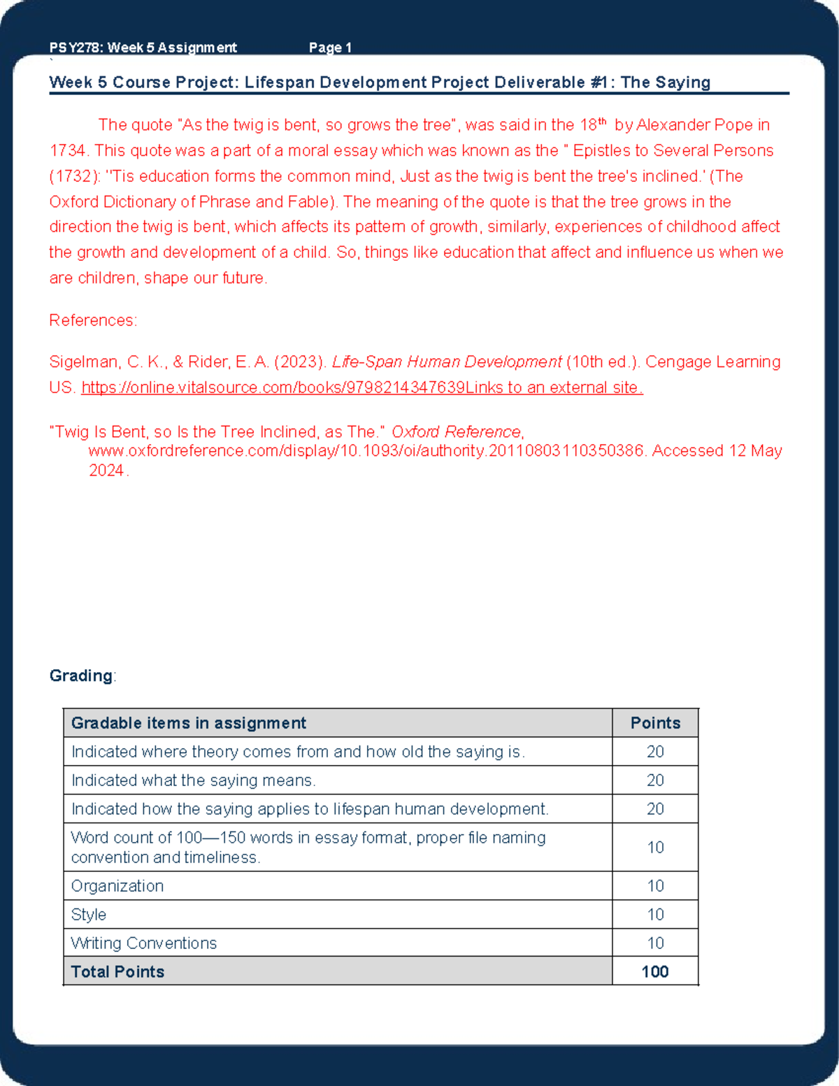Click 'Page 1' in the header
330,48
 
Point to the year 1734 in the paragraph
67,151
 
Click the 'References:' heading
93,320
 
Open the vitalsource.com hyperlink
361,387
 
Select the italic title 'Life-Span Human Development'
446,362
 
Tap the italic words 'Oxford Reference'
456,432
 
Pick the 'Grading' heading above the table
81,676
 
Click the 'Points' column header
655,723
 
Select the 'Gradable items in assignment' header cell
189,723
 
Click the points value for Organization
655,886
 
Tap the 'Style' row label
89,915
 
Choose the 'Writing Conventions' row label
144,943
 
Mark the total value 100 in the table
655,972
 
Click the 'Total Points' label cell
118,972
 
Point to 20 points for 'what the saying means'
655,780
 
